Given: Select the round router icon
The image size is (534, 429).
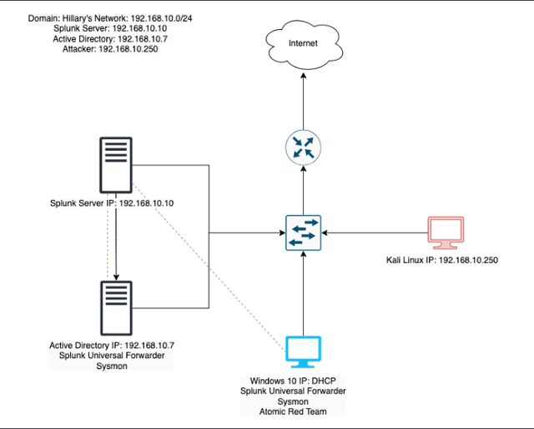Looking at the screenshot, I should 302,147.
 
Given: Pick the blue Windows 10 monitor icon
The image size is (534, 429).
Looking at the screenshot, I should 302,352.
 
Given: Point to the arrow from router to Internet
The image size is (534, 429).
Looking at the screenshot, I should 302,100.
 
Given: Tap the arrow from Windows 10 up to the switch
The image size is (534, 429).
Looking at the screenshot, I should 302,292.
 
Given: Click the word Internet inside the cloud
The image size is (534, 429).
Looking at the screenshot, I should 303,42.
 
